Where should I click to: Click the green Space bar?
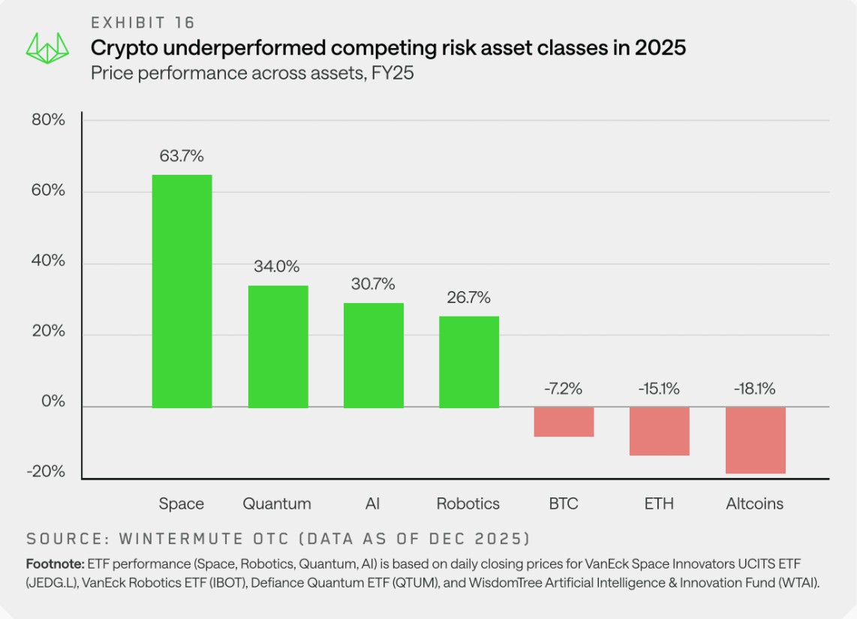(x=182, y=291)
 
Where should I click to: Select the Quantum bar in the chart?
(x=278, y=347)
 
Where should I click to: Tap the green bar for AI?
(x=374, y=356)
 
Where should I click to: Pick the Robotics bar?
(x=469, y=362)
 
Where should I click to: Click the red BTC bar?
(x=564, y=422)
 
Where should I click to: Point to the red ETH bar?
(x=659, y=431)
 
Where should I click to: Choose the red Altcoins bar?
(x=756, y=440)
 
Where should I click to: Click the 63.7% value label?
(x=182, y=156)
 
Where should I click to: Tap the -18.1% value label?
(x=754, y=389)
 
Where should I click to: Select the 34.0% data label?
(x=277, y=266)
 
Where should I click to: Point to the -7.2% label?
(x=563, y=389)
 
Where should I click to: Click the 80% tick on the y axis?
(x=48, y=119)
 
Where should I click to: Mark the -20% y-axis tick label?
(x=46, y=471)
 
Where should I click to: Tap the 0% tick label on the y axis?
(x=53, y=401)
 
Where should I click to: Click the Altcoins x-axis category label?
(x=754, y=503)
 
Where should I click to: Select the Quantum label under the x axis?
(x=277, y=503)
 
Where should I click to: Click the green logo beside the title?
(x=47, y=48)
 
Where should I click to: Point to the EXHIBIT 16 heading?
(x=143, y=23)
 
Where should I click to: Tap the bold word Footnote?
(x=56, y=563)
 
